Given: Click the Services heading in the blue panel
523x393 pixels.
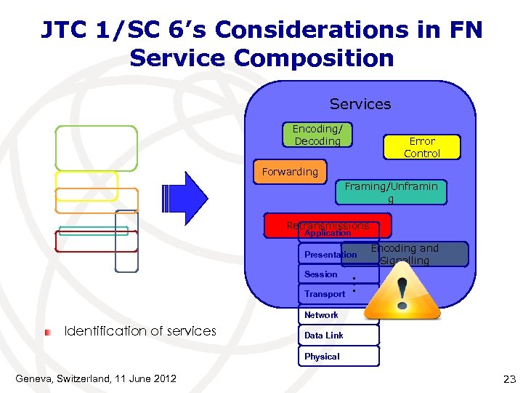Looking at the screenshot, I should point(360,104).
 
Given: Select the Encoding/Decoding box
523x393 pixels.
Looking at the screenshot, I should point(317,135).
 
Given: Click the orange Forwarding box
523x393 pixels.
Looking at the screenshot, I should point(290,172).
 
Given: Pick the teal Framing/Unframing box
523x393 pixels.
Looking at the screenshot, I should point(391,192).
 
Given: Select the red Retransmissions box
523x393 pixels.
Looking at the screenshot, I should point(327,225).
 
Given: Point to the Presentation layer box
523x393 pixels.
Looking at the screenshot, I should point(331,255).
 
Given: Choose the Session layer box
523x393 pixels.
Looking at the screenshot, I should point(321,274).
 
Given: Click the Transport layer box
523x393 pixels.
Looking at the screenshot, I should point(325,294).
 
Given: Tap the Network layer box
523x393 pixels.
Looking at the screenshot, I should point(321,315).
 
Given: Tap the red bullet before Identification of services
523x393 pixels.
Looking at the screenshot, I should point(47,332).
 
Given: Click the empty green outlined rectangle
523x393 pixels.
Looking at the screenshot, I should point(96,148).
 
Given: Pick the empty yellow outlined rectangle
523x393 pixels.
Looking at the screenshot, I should point(86,186).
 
